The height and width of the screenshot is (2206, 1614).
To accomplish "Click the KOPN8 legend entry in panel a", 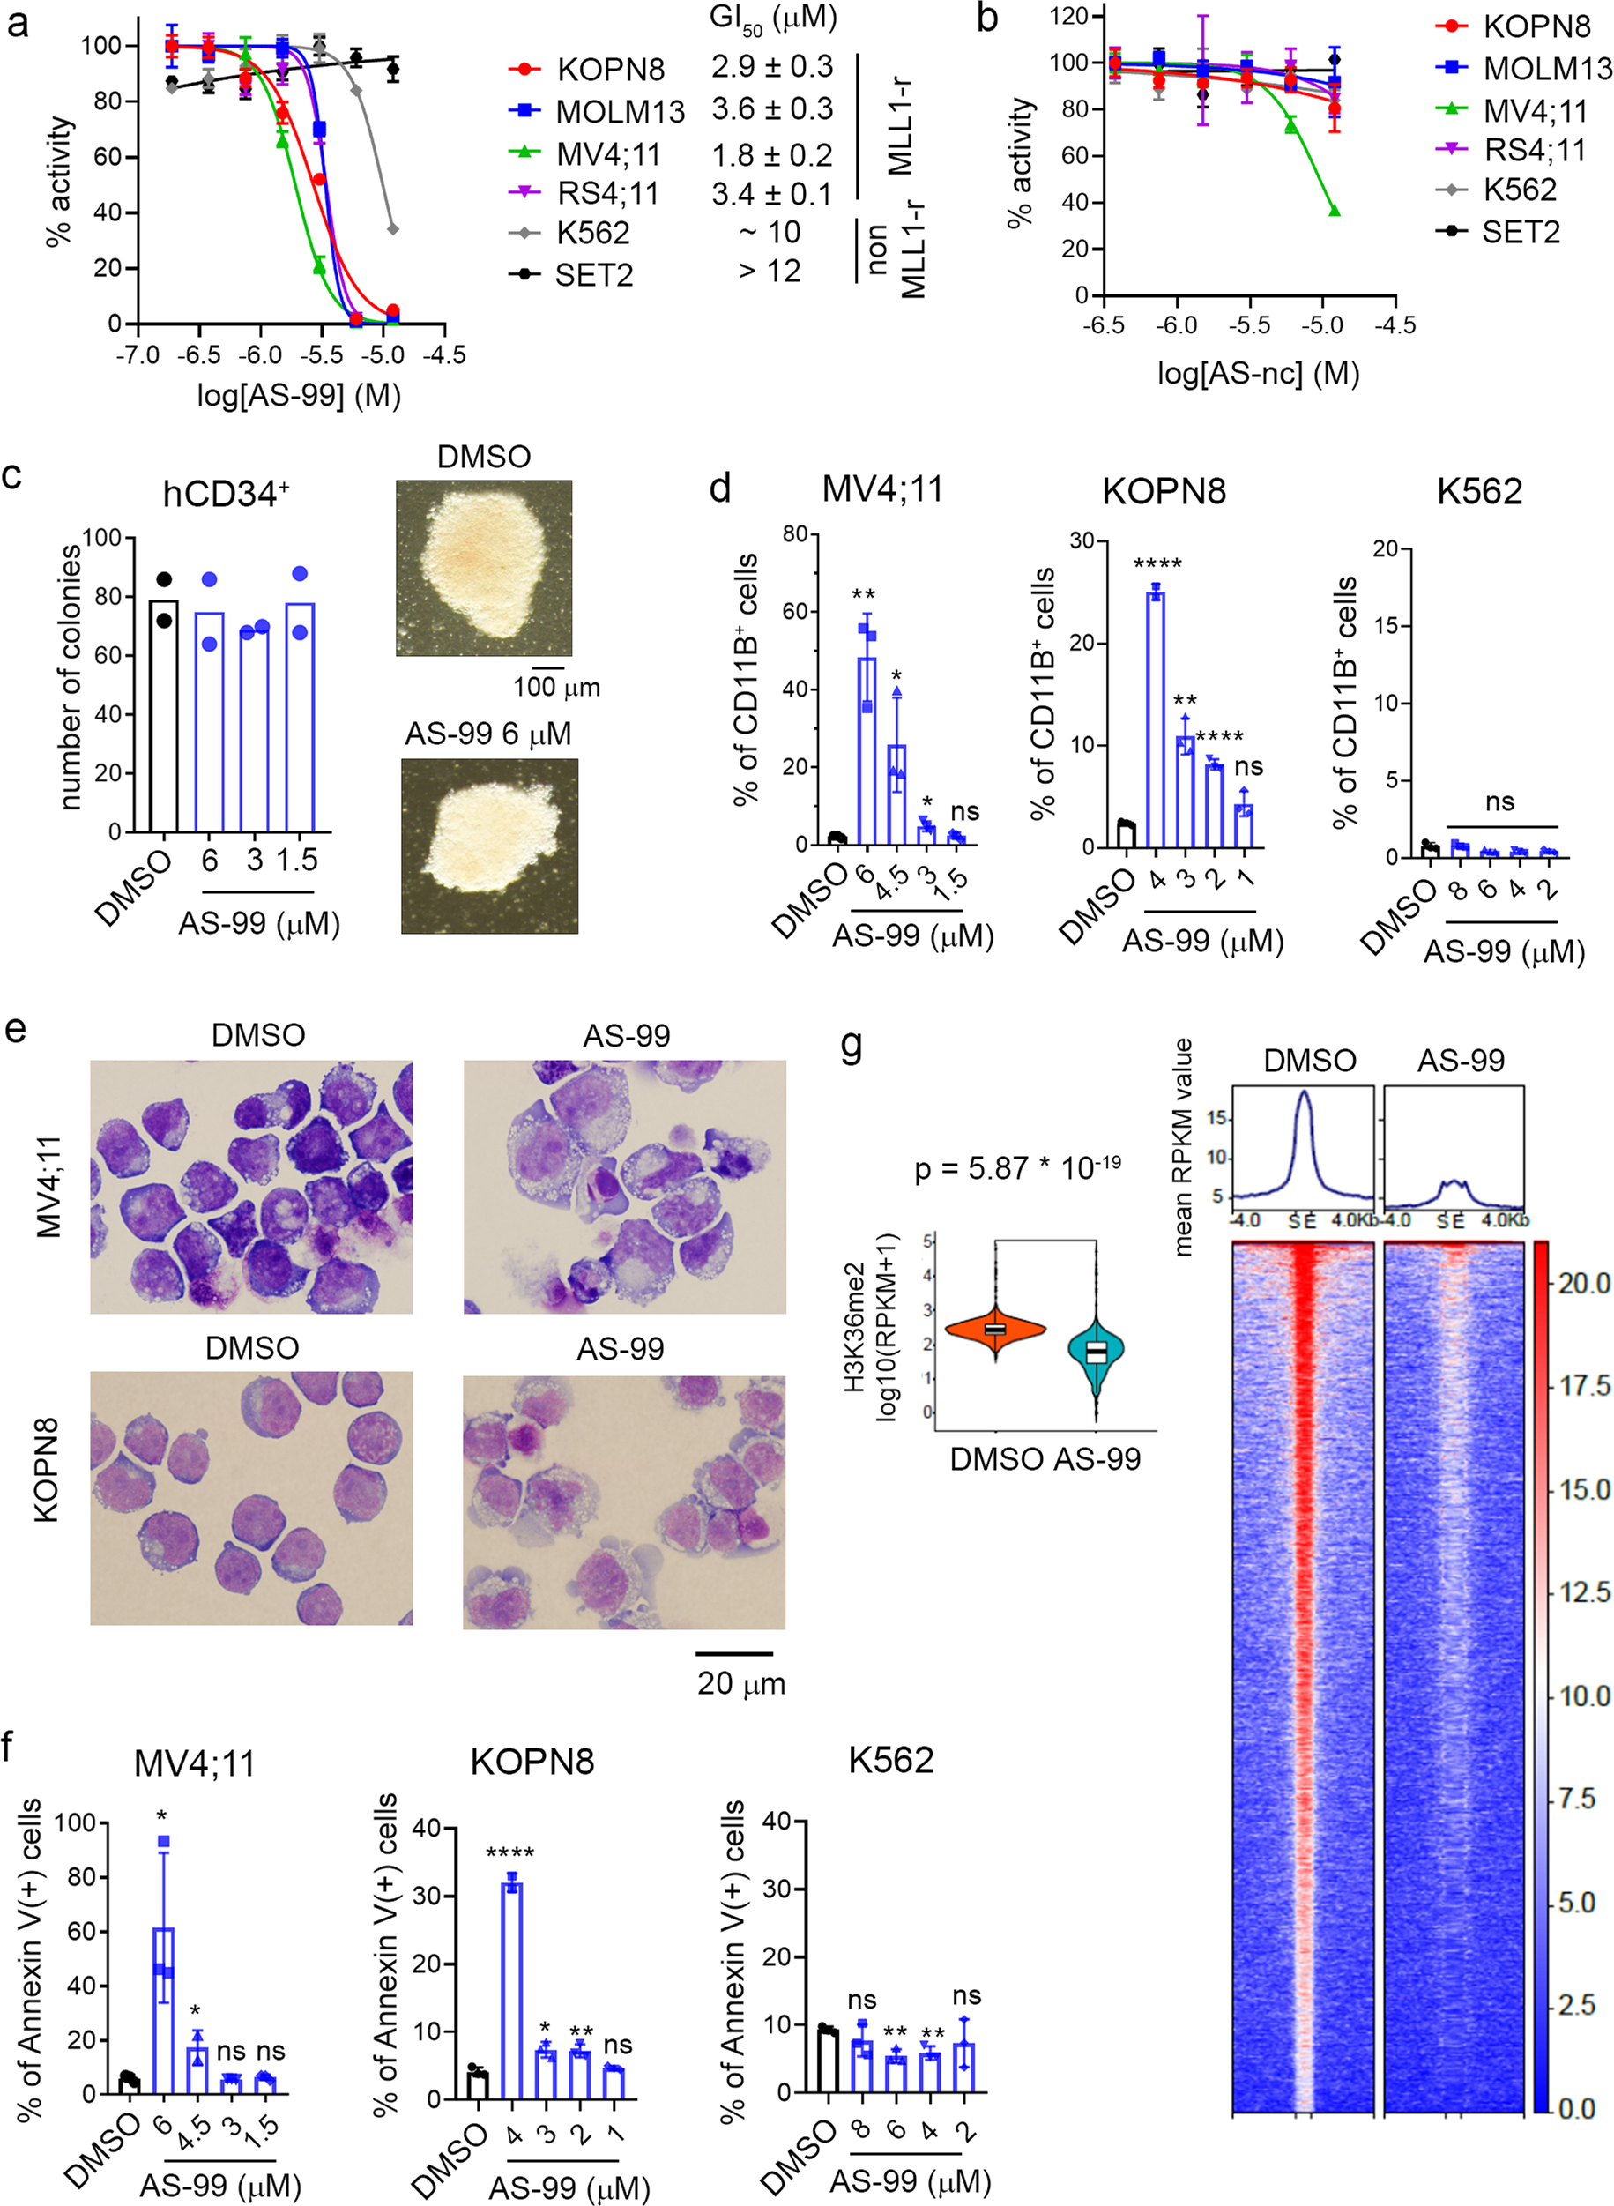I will (587, 70).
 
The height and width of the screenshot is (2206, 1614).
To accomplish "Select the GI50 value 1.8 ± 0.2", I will (772, 154).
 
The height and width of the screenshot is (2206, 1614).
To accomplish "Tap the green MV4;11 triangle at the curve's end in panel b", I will (1334, 211).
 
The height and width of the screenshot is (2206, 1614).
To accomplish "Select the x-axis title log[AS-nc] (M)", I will (1259, 372).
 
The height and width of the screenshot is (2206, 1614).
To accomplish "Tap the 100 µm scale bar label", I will (557, 687).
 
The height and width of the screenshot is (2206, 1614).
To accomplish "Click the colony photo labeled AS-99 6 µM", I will (489, 846).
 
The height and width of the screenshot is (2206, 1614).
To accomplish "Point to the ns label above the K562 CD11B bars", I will (1499, 802).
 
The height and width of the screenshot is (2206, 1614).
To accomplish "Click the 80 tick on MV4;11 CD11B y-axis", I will (794, 533).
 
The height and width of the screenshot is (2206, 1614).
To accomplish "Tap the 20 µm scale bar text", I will (740, 1683).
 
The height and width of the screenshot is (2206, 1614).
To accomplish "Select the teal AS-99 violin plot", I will (1097, 1353).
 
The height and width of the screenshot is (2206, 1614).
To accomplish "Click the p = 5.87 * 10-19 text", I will (1017, 1167).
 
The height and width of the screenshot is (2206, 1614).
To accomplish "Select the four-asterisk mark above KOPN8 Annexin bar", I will (510, 1852).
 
